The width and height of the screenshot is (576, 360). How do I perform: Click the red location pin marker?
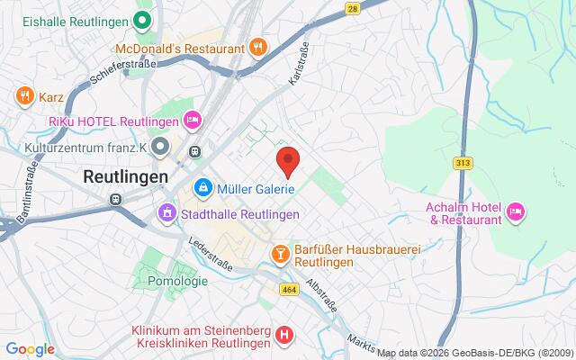tap(288, 162)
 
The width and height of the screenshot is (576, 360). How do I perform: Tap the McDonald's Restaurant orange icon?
tap(258, 48)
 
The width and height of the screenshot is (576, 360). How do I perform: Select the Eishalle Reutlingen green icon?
tap(141, 19)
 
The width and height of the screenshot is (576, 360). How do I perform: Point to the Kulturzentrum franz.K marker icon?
tap(160, 145)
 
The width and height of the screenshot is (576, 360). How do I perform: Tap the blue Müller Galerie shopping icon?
tap(203, 187)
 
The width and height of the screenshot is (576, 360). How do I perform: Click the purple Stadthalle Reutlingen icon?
tap(166, 213)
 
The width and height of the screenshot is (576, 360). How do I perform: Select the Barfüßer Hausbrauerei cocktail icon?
tap(281, 255)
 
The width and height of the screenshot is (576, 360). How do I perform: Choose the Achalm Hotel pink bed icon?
tap(516, 211)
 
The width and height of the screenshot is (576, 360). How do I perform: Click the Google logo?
tap(31, 348)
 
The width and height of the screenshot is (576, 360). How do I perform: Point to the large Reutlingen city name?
tap(125, 177)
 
